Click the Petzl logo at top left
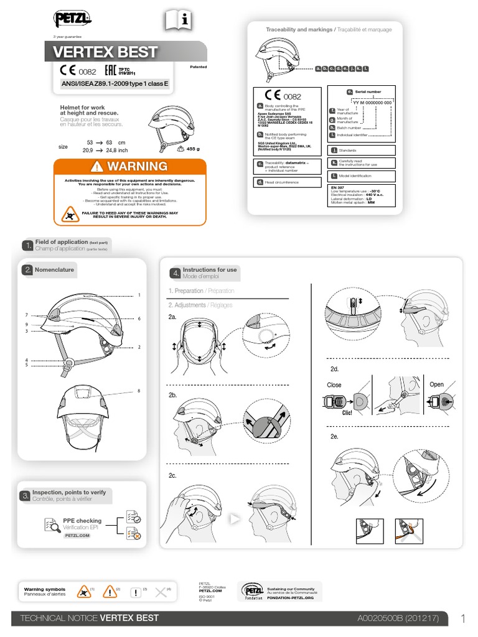point(73,21)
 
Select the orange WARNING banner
point(129,166)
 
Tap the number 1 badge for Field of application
point(27,245)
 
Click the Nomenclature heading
point(54,270)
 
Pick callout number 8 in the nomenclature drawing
point(139,391)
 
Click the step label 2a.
point(172,317)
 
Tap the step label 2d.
point(334,370)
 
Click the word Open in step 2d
point(437,384)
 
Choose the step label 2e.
point(334,437)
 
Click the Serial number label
point(368,91)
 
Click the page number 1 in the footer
point(463,618)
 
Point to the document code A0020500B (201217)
point(398,618)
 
